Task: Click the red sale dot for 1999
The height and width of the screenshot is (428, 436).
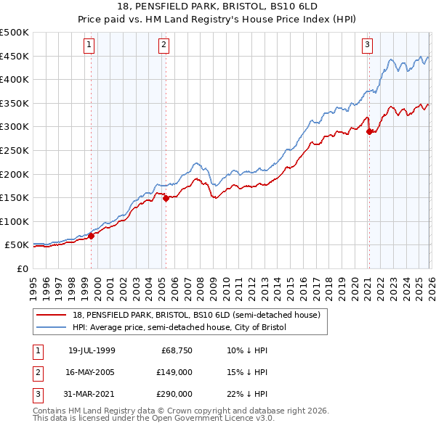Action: tap(92, 236)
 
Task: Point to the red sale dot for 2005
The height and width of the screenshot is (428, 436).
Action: tap(166, 198)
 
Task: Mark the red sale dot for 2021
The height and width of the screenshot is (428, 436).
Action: tap(369, 131)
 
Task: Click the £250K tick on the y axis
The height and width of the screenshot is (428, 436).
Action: tap(15, 150)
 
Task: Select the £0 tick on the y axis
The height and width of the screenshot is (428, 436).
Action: tap(22, 268)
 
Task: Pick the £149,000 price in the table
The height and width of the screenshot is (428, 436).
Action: tap(175, 372)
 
